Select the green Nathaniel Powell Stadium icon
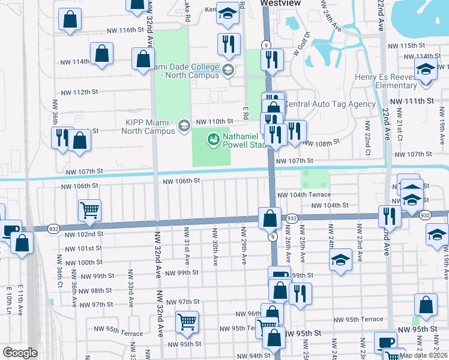pyautogui.click(x=212, y=140)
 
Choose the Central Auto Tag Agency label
pyautogui.click(x=330, y=104)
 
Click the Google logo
pyautogui.click(x=19, y=353)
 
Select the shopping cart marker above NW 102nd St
pyautogui.click(x=89, y=210)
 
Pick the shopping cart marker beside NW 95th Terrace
pyautogui.click(x=187, y=322)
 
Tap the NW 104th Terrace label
pyautogui.click(x=304, y=195)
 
